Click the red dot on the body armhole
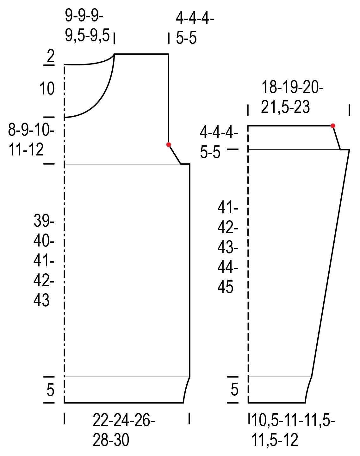tap(169, 144)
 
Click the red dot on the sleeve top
tap(332, 126)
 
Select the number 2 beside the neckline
tap(50, 56)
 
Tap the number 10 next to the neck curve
tap(47, 88)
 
